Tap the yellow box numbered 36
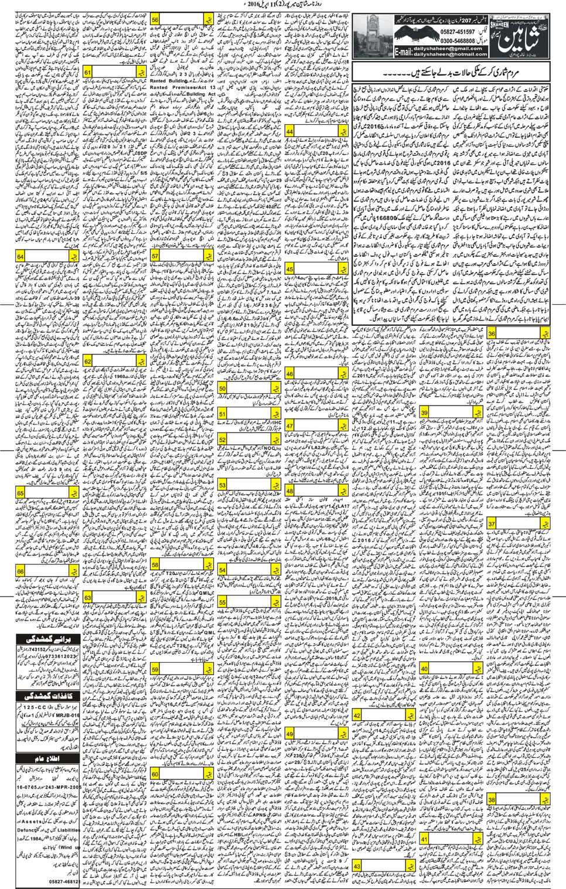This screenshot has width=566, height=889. (x=492, y=333)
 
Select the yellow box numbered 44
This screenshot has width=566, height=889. (x=290, y=132)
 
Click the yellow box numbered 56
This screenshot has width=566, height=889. (x=155, y=20)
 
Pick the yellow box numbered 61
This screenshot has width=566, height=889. (x=88, y=72)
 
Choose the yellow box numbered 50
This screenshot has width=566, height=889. (x=223, y=389)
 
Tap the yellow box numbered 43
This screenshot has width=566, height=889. (x=357, y=866)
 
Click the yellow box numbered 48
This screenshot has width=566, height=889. (x=290, y=491)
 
